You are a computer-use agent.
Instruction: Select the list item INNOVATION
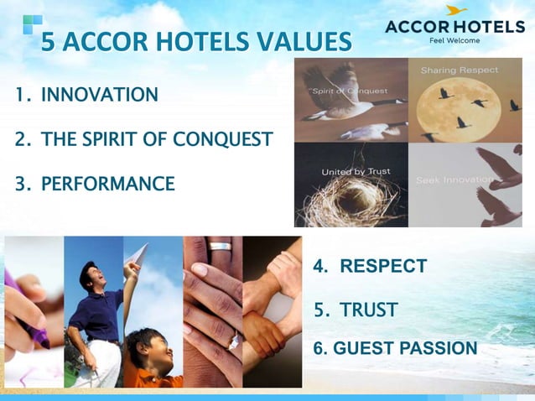tap(99, 95)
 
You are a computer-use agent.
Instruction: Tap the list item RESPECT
tap(382, 267)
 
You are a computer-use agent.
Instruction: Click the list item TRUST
tap(368, 310)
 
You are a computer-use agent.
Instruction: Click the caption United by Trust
tap(356, 172)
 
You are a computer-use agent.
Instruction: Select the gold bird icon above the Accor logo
tap(457, 11)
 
